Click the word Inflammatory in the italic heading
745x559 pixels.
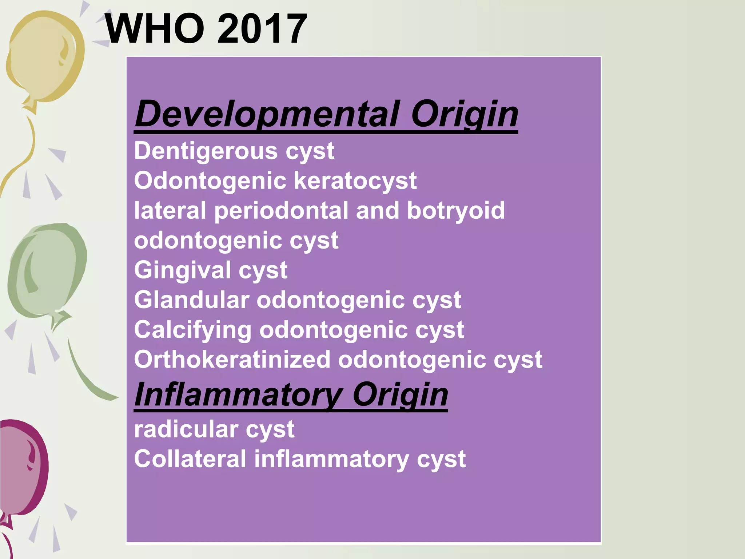click(238, 395)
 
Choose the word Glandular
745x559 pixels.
click(191, 300)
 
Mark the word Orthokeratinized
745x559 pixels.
click(232, 360)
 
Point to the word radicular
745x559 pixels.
click(186, 429)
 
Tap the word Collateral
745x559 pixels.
click(190, 459)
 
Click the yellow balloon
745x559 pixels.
click(44, 55)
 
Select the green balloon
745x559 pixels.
click(47, 269)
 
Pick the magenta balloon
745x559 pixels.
click(24, 466)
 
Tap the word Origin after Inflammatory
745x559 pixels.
click(400, 395)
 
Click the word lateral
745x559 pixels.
click(170, 211)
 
